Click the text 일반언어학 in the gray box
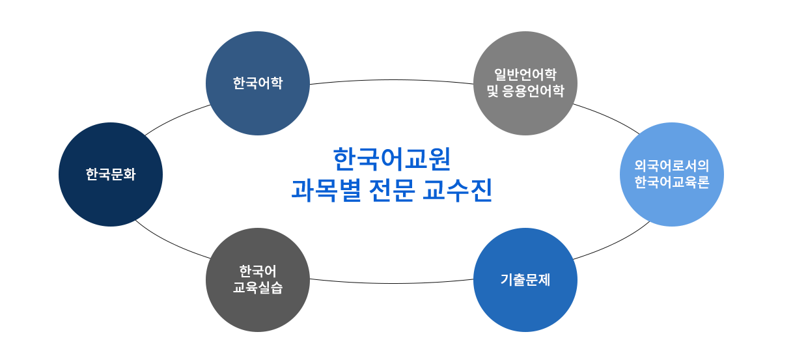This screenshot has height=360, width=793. tap(525, 74)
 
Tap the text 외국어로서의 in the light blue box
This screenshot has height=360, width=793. tap(671, 165)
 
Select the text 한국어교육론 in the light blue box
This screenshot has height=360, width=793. tap(671, 182)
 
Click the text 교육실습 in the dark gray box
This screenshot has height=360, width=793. tap(258, 287)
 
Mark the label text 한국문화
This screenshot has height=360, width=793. tap(111, 174)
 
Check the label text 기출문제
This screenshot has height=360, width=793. tap(525, 280)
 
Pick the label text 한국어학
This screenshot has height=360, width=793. tap(258, 83)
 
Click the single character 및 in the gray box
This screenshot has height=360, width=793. tap(493, 91)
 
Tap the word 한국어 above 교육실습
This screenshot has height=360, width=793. tap(258, 270)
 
